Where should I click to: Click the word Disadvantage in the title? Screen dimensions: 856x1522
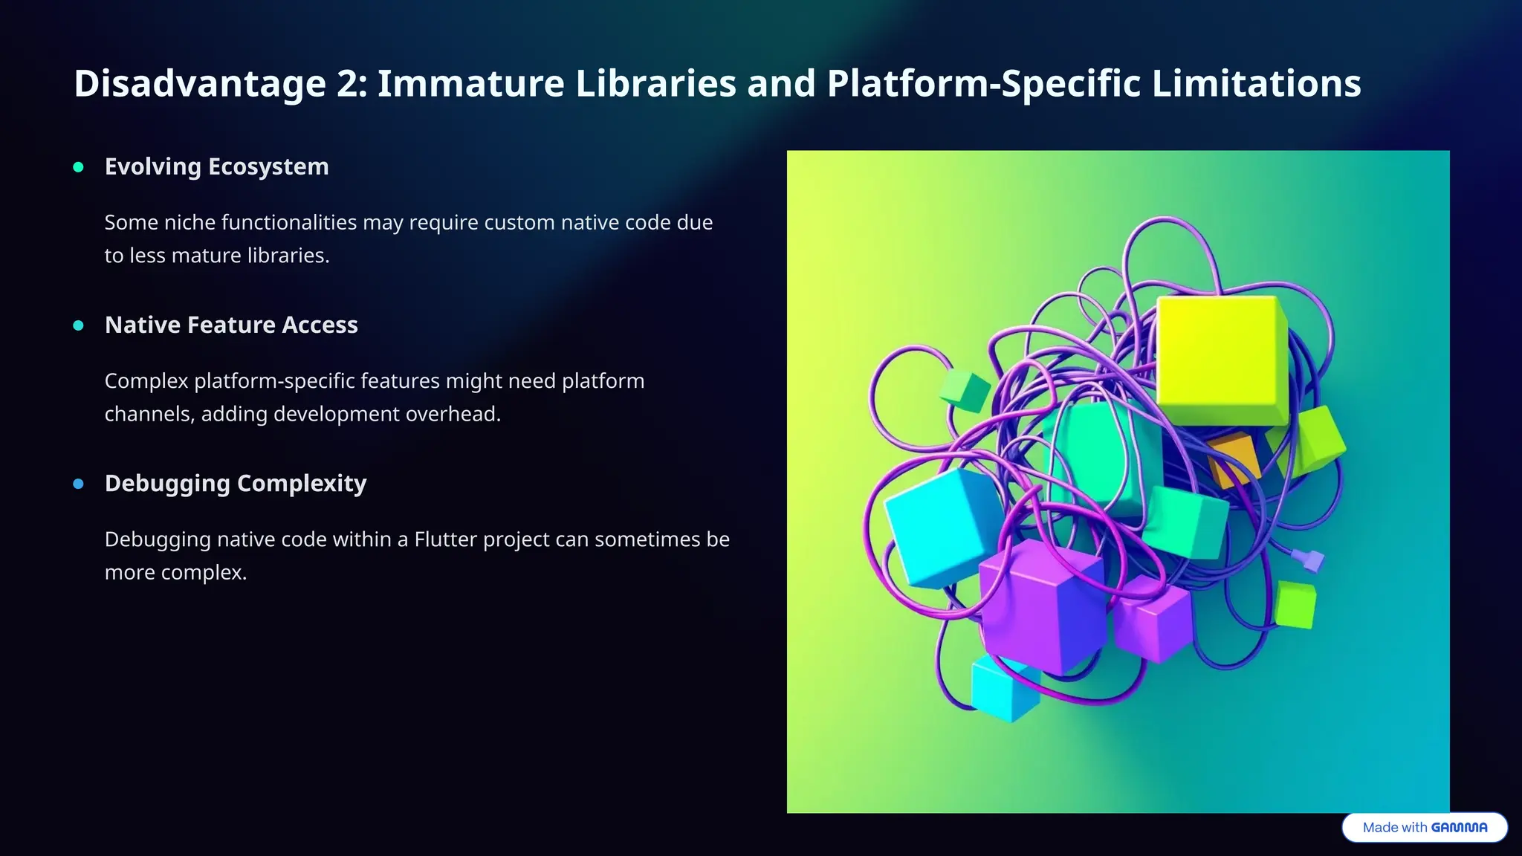pyautogui.click(x=199, y=83)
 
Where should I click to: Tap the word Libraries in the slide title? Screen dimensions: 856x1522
pyautogui.click(x=655, y=83)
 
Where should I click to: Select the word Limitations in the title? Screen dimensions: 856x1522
pyautogui.click(x=1256, y=83)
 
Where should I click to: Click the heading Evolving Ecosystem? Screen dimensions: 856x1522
pyautogui.click(x=216, y=166)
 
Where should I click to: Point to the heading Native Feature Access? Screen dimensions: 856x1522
pyautogui.click(x=231, y=325)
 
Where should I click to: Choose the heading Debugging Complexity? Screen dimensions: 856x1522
pyautogui.click(x=236, y=483)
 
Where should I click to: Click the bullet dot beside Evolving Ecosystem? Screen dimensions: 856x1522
pyautogui.click(x=79, y=167)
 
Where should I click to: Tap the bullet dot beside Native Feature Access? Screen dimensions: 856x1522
pyautogui.click(x=79, y=325)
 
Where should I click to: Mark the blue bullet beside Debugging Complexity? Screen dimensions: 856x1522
pyautogui.click(x=79, y=484)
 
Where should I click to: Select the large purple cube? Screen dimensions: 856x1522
pyautogui.click(x=1040, y=606)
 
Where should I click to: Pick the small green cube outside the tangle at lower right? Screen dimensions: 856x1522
pyautogui.click(x=1295, y=605)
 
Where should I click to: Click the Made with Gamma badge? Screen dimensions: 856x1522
pyautogui.click(x=1424, y=827)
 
